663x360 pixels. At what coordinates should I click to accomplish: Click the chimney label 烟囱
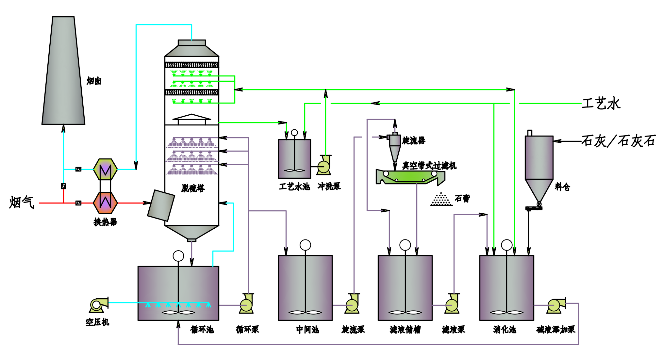pyautogui.click(x=94, y=81)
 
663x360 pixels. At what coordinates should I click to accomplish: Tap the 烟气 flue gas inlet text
pyautogui.click(x=22, y=202)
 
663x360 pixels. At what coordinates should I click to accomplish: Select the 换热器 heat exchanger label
pyautogui.click(x=105, y=222)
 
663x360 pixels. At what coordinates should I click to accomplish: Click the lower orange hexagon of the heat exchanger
pyautogui.click(x=105, y=203)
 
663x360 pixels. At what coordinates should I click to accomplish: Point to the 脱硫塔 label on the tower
pyautogui.click(x=193, y=188)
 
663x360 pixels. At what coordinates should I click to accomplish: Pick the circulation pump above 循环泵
pyautogui.click(x=246, y=304)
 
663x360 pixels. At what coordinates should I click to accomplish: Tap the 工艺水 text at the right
pyautogui.click(x=601, y=104)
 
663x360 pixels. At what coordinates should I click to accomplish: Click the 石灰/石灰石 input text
pyautogui.click(x=619, y=141)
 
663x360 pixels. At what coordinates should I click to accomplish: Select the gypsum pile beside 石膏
pyautogui.click(x=441, y=199)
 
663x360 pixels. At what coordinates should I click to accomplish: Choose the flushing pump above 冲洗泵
pyautogui.click(x=324, y=166)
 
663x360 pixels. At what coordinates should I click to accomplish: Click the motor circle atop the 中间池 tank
pyautogui.click(x=305, y=245)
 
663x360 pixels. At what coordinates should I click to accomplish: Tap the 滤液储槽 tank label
pyautogui.click(x=405, y=330)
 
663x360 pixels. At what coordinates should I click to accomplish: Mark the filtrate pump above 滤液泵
pyautogui.click(x=452, y=304)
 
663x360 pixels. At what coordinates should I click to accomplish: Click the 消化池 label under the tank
pyautogui.click(x=505, y=330)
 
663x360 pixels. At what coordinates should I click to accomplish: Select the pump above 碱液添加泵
pyautogui.click(x=556, y=305)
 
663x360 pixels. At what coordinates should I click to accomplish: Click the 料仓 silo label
pyautogui.click(x=562, y=187)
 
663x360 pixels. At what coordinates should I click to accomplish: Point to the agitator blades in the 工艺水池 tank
pyautogui.click(x=294, y=170)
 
